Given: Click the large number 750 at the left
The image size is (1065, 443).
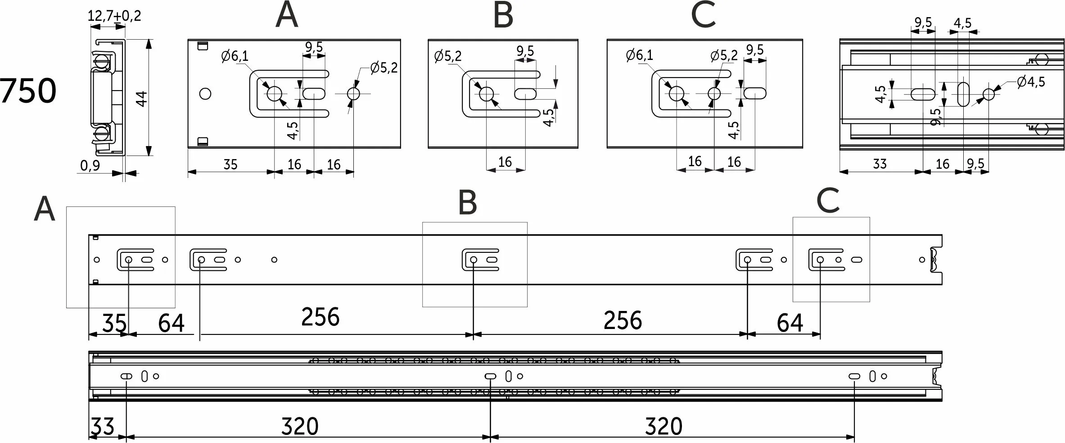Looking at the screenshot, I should [x=28, y=91].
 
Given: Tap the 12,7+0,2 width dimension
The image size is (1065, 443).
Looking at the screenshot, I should [x=114, y=16].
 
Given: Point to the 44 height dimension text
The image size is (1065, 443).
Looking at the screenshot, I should [x=141, y=99].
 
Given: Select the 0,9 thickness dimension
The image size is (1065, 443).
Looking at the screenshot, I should [x=90, y=166].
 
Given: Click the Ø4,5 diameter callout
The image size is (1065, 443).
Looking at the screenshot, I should [x=1031, y=82].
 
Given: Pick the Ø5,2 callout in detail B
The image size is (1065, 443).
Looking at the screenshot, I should [x=448, y=56].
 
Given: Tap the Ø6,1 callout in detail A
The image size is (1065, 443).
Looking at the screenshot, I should [x=235, y=56].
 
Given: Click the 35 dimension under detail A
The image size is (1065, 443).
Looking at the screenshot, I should [x=230, y=164].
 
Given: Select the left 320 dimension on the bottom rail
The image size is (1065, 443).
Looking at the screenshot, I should [x=300, y=426].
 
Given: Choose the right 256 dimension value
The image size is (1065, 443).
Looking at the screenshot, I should [x=623, y=320].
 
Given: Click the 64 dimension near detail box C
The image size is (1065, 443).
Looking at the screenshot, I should [x=790, y=323].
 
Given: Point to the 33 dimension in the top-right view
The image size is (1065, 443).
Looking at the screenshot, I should [x=880, y=164].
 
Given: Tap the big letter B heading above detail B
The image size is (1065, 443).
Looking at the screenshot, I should [x=503, y=16].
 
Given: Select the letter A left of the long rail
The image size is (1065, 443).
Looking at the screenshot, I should [x=44, y=210].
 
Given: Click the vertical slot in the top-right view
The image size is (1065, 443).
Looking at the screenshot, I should [x=963, y=94].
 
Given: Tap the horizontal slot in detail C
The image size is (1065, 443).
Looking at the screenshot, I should [x=755, y=94].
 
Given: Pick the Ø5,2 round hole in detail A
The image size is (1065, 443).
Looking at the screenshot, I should [x=353, y=94].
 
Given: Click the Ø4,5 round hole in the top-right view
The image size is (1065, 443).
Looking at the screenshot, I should [x=989, y=94].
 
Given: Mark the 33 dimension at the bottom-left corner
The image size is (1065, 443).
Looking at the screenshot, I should [x=103, y=426].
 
